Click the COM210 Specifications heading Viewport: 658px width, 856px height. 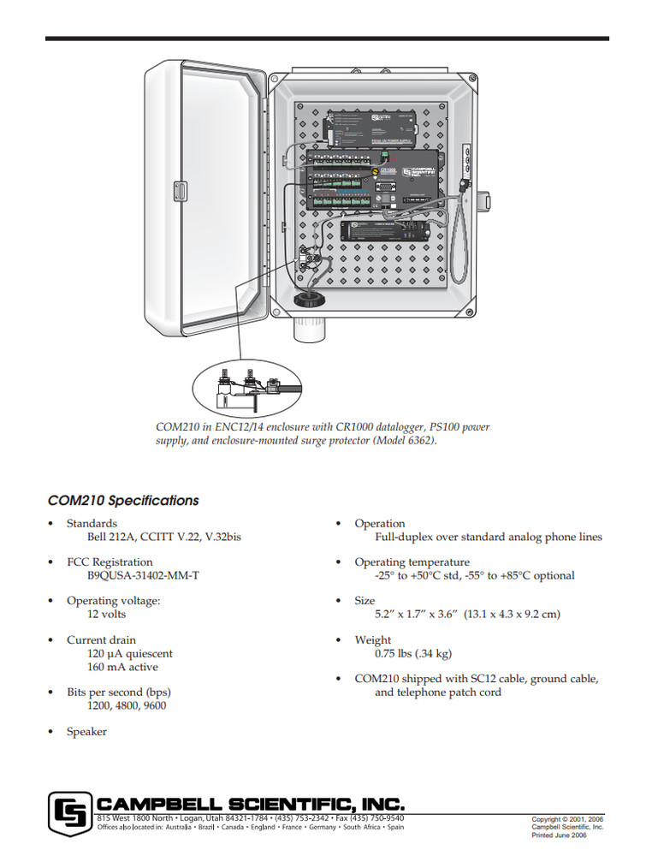pyautogui.click(x=123, y=501)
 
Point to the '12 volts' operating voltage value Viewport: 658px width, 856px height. pyautogui.click(x=106, y=615)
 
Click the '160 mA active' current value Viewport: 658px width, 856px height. pyautogui.click(x=122, y=667)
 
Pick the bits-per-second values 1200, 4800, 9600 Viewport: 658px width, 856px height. pyautogui.click(x=127, y=706)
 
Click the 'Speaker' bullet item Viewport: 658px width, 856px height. pyautogui.click(x=86, y=732)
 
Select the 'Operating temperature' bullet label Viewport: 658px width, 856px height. pyautogui.click(x=412, y=562)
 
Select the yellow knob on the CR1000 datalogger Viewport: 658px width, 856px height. pyautogui.click(x=374, y=171)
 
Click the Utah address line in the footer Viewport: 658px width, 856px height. pyautogui.click(x=251, y=819)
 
